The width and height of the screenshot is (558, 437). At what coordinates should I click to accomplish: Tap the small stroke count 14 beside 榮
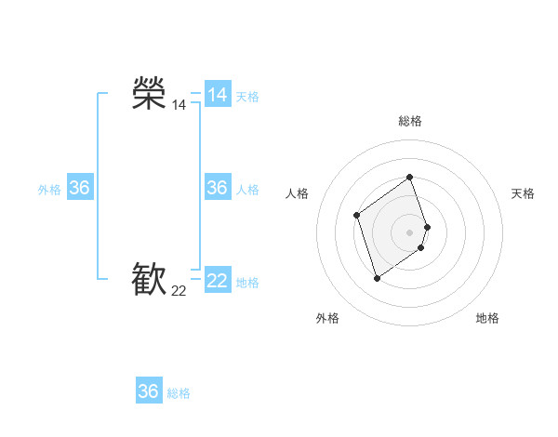point(179,105)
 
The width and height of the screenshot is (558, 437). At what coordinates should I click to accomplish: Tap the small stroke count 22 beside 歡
point(179,291)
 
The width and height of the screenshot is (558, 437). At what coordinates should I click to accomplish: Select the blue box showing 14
point(218,95)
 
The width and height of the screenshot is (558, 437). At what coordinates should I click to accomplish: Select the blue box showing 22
point(218,281)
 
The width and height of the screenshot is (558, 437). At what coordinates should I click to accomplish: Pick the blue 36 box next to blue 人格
point(218,188)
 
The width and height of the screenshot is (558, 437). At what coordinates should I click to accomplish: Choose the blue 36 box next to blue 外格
point(80,188)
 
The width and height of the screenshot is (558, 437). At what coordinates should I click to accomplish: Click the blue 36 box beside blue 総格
point(149,391)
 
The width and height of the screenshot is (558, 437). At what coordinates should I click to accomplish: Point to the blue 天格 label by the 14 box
point(247,97)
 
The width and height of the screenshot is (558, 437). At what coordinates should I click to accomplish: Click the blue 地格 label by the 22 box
point(247,283)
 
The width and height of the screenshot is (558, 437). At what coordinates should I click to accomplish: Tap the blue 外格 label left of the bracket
point(49,190)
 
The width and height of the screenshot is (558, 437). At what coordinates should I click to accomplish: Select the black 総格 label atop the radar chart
point(410,121)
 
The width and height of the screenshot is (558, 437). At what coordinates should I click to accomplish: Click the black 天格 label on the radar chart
point(523,193)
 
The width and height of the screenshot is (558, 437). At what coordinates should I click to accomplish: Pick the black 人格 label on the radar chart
point(298,193)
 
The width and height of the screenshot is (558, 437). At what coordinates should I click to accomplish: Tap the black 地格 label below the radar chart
point(487,318)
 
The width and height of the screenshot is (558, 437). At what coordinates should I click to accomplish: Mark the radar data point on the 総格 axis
point(410,177)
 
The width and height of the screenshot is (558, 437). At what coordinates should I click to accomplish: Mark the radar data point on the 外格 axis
point(377,278)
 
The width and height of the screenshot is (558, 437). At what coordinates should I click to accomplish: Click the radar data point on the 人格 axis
point(357,216)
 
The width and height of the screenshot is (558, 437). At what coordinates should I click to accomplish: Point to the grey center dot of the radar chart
point(410,232)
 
